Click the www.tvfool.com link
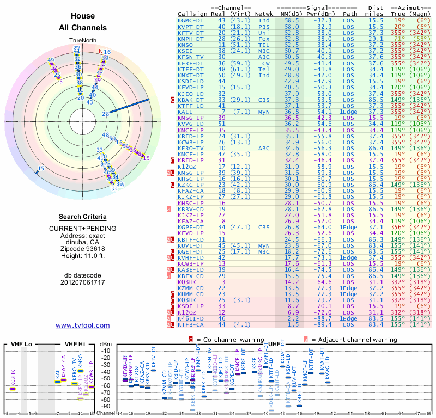coord(83,325)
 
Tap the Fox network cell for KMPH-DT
coord(264,39)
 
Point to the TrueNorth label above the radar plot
coord(82,41)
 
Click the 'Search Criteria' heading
coord(83,217)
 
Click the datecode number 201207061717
coord(83,283)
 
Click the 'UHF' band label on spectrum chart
coord(275,345)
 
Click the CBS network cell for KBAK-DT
coord(264,100)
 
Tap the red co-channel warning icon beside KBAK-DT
coord(173,100)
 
